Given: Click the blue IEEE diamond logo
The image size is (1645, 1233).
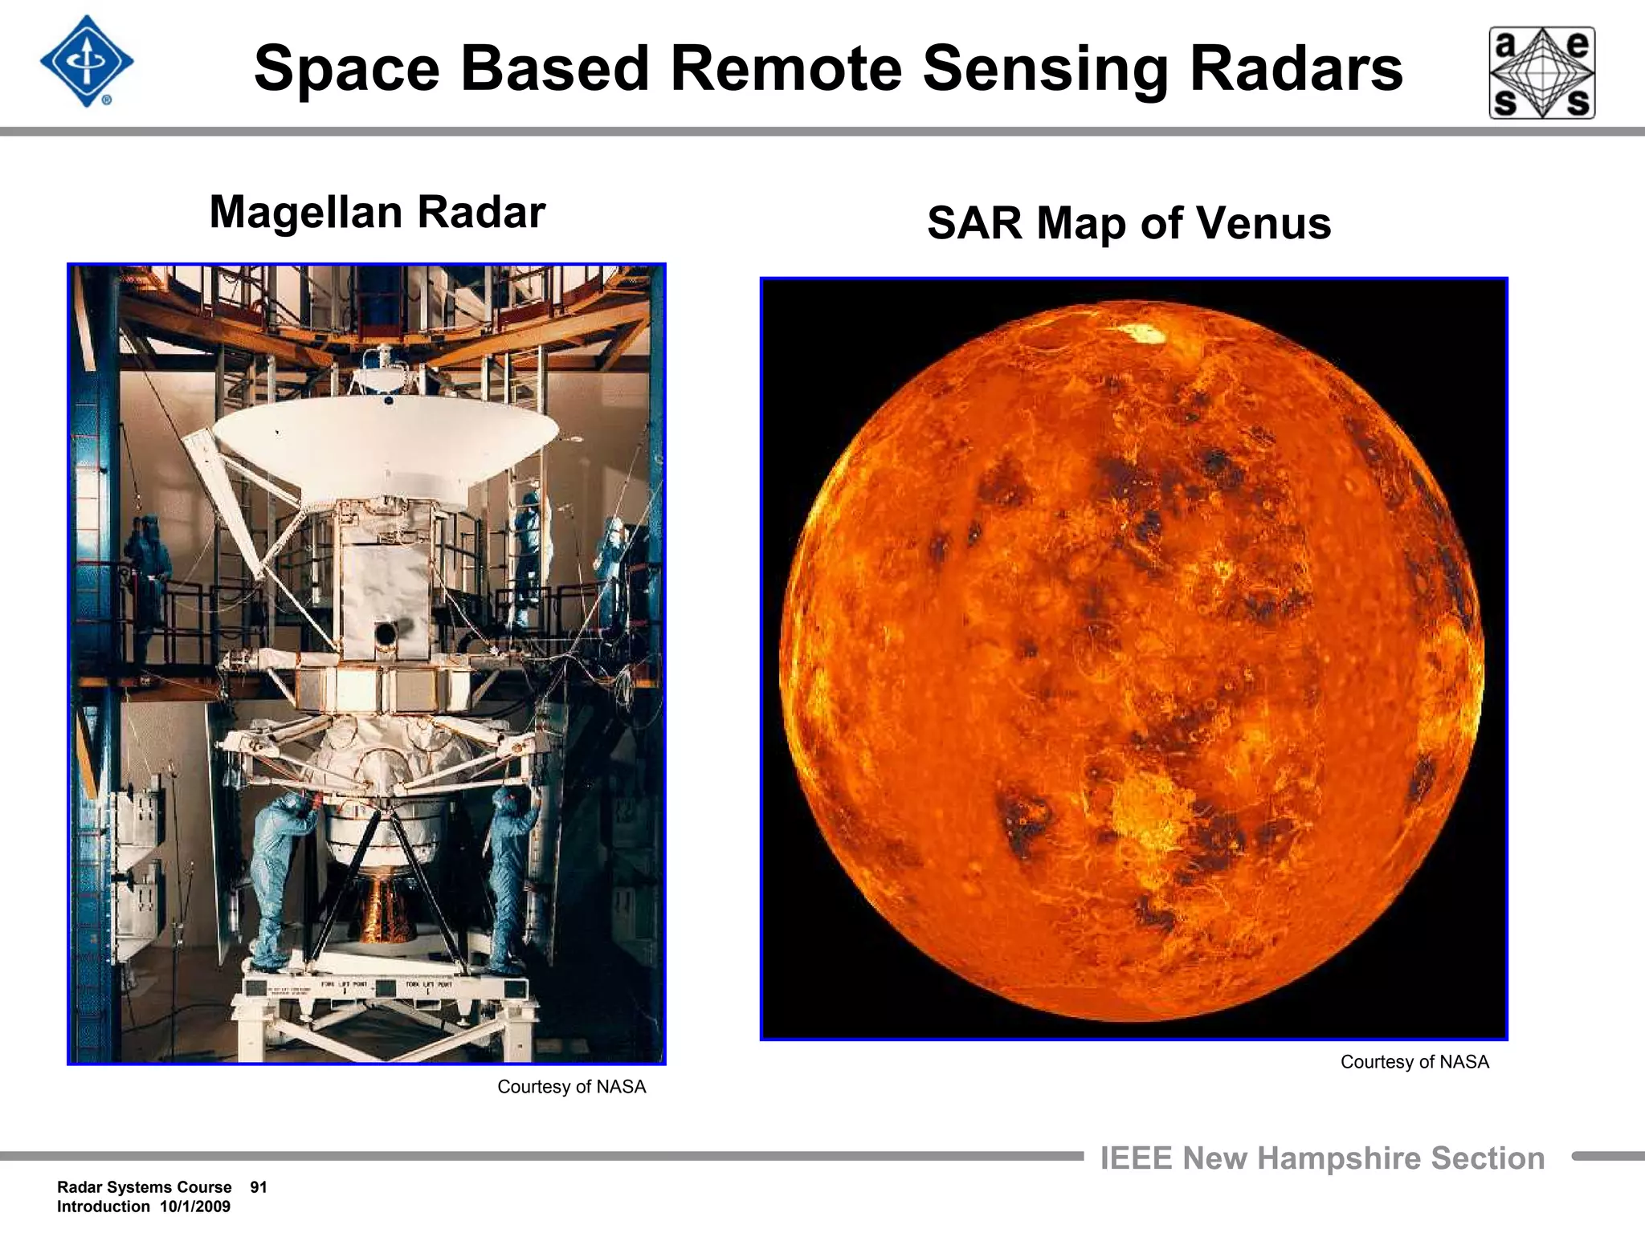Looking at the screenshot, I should pos(86,62).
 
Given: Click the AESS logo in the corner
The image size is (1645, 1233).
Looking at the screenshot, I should pos(1541,73).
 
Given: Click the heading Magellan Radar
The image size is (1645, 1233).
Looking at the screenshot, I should pos(377,213).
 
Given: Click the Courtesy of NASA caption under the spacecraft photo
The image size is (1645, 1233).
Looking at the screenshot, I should pos(571,1087).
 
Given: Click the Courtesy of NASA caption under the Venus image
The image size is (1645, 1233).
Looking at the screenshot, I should pos(1414,1062).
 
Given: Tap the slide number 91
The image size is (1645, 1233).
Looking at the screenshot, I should pos(258,1187).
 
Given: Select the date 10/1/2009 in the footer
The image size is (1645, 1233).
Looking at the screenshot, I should pos(194,1207).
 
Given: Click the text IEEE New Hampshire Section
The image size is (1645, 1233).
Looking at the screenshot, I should pos(1322,1158).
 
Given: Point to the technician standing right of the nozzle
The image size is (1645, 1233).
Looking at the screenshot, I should pos(511,875).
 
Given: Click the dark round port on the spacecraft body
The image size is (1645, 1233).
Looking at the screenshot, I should pos(385,635).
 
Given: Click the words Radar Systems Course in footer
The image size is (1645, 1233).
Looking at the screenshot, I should pos(144,1187).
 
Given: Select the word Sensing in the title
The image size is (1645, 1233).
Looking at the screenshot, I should pos(1045,69).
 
